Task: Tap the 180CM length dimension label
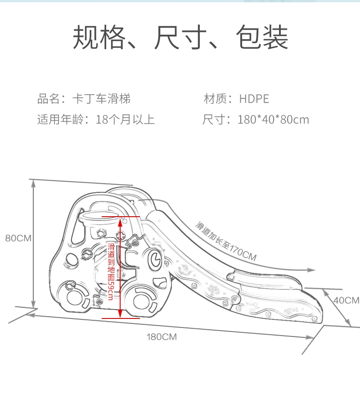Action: pos(162,337)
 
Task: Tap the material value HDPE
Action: pos(254,99)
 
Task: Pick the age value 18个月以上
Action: pos(126,120)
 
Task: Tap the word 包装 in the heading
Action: pos(261,37)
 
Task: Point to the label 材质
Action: pos(215,99)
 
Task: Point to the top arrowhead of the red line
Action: pos(121,220)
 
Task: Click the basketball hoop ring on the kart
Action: pos(95,218)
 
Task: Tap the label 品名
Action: pos(48,99)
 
